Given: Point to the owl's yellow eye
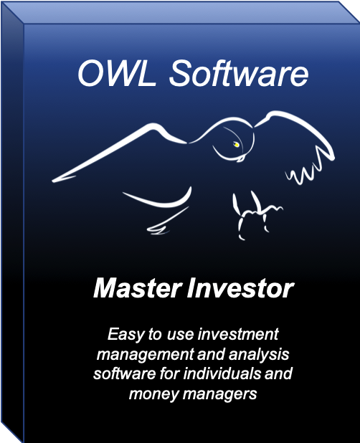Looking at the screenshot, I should point(235,144).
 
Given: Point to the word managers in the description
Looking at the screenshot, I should point(223,394).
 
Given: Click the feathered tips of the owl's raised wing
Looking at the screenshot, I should point(308,172).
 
